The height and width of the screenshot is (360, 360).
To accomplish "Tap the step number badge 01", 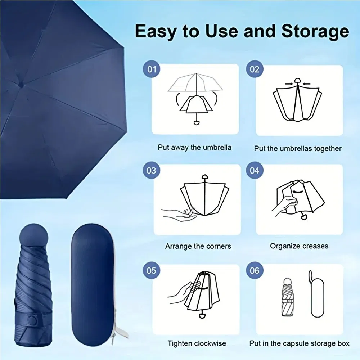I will pyautogui.click(x=152, y=69).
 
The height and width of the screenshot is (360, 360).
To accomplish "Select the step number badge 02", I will pyautogui.click(x=255, y=69).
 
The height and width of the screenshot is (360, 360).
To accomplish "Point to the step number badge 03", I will pyautogui.click(x=152, y=169).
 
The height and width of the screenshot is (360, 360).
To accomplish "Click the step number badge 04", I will pyautogui.click(x=255, y=169).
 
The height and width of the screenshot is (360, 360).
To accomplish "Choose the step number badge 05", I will pyautogui.click(x=152, y=270).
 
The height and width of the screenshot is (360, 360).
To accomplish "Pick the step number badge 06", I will pyautogui.click(x=255, y=270).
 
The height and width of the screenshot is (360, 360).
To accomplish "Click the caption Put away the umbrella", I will pyautogui.click(x=195, y=147).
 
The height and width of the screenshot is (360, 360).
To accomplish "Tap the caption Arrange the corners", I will pyautogui.click(x=198, y=247).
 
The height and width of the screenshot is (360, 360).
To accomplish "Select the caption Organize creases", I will pyautogui.click(x=299, y=246).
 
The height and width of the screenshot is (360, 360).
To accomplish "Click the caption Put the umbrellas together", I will pyautogui.click(x=298, y=148).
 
